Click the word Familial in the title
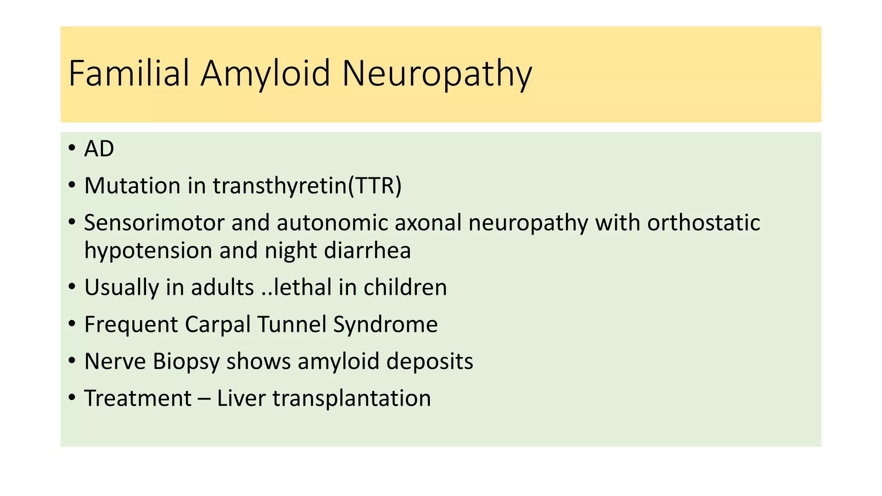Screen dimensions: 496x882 click(129, 73)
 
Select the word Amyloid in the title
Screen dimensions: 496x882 click(266, 74)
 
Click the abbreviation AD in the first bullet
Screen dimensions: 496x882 click(99, 149)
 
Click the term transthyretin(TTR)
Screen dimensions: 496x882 click(307, 186)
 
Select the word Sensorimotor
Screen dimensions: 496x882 click(154, 223)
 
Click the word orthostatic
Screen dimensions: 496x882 click(703, 223)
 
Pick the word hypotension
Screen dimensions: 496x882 click(148, 251)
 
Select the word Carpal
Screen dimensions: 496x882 click(217, 324)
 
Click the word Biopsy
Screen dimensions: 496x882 click(186, 362)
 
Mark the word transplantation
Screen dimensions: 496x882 click(351, 399)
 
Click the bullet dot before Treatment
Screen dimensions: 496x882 click(72, 397)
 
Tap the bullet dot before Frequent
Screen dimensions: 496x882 click(72, 324)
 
